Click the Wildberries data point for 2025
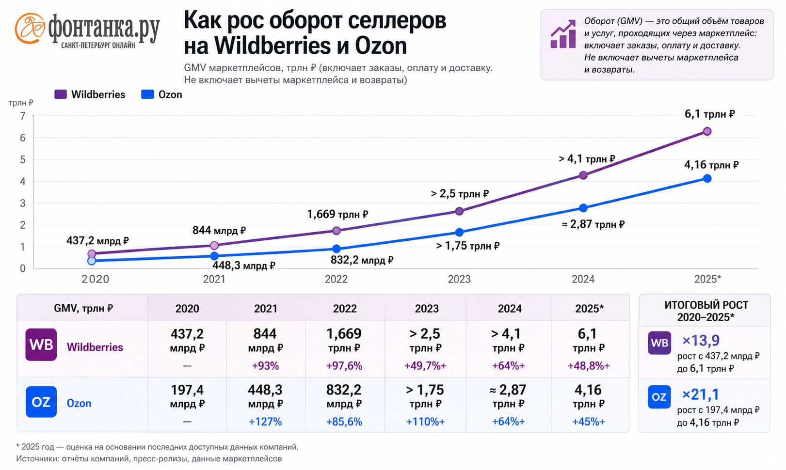click(x=707, y=131)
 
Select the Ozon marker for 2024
click(x=583, y=208)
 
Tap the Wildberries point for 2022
click(x=336, y=231)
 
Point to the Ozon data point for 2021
click(x=214, y=256)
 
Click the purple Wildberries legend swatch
click(x=60, y=94)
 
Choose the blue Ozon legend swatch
click(x=147, y=94)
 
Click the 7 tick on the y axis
click(x=23, y=116)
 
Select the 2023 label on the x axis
click(x=459, y=279)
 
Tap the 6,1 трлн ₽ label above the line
click(x=710, y=114)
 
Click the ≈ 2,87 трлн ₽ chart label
click(x=594, y=224)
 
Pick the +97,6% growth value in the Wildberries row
click(x=344, y=366)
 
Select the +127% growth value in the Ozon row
click(x=265, y=422)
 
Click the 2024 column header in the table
click(x=510, y=308)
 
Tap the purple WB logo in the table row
click(x=41, y=345)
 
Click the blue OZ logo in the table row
click(x=41, y=402)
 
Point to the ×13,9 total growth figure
click(x=701, y=340)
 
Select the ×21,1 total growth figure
click(x=700, y=394)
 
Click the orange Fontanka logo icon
click(x=30, y=29)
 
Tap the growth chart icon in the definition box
click(x=563, y=33)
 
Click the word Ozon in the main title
click(x=381, y=46)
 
